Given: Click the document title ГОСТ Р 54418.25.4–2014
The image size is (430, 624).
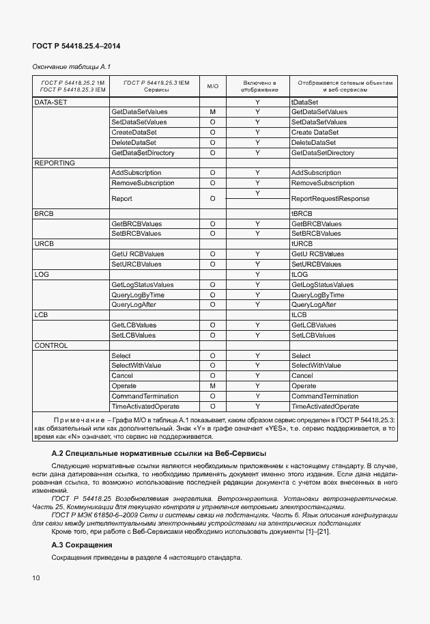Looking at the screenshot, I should (x=71, y=45).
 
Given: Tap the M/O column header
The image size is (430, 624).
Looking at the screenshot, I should (x=212, y=86).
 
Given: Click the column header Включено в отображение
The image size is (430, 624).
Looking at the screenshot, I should (x=258, y=86).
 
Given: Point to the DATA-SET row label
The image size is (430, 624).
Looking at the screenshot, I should (x=51, y=102).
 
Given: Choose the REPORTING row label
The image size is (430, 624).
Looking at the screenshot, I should (x=55, y=163).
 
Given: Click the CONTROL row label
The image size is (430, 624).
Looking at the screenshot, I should (x=51, y=346).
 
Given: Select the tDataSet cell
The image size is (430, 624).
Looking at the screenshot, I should (x=305, y=102).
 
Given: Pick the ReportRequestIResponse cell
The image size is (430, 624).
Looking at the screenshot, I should (x=330, y=199).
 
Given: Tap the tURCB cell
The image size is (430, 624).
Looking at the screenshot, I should (x=302, y=244).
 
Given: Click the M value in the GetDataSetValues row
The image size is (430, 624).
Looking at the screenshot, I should (x=212, y=112).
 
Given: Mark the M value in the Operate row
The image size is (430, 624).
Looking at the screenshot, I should (x=212, y=386).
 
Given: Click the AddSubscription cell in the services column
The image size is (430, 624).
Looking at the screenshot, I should (x=136, y=173).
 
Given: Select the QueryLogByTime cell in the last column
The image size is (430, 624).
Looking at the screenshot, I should (x=318, y=295).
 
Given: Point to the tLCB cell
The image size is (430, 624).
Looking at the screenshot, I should (x=300, y=315).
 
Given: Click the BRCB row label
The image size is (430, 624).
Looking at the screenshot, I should (x=44, y=213).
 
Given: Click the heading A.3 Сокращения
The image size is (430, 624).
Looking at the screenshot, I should (x=82, y=545).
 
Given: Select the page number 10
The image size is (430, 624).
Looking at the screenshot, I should (x=36, y=578).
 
